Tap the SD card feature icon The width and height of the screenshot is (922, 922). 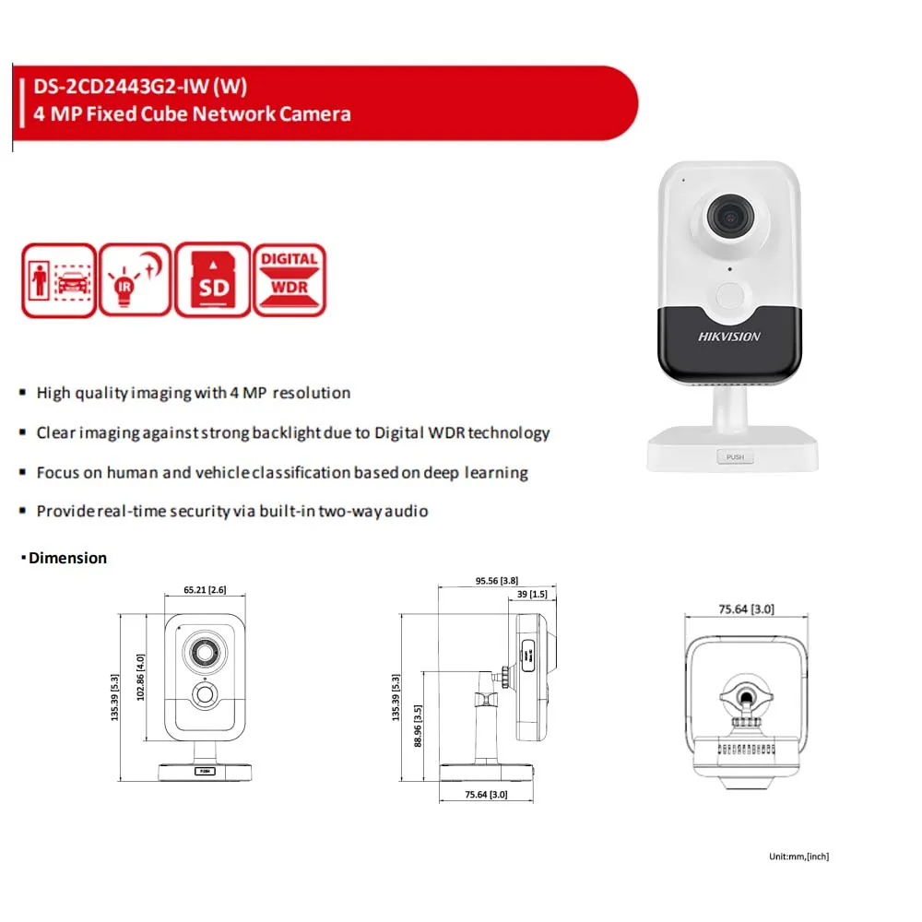pos(212,280)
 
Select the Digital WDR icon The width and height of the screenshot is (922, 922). pos(289,280)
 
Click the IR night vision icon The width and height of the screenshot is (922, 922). pos(136,280)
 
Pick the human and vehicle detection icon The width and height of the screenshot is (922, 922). pos(58,280)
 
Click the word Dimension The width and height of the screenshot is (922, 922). pos(67,558)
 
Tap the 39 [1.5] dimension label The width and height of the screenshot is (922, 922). pos(532,595)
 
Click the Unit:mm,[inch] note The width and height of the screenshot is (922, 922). pos(798,857)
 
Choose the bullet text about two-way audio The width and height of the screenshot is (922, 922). pos(231,511)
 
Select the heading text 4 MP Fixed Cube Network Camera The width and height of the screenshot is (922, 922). pos(192,114)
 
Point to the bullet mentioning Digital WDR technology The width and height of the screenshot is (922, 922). pos(292,432)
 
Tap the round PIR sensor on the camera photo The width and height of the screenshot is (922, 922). pos(727,295)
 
